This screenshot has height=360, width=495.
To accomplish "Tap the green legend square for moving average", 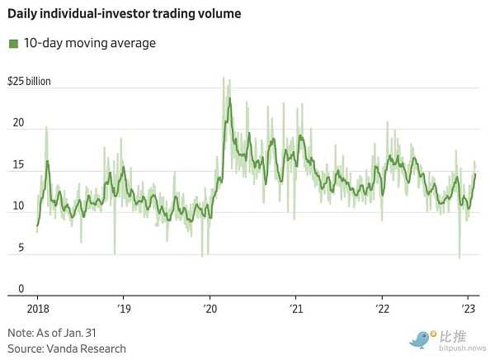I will click(x=12, y=43).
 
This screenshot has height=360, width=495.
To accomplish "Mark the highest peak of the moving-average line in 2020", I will click(x=229, y=99).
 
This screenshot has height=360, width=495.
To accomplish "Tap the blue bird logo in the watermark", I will click(x=422, y=338).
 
